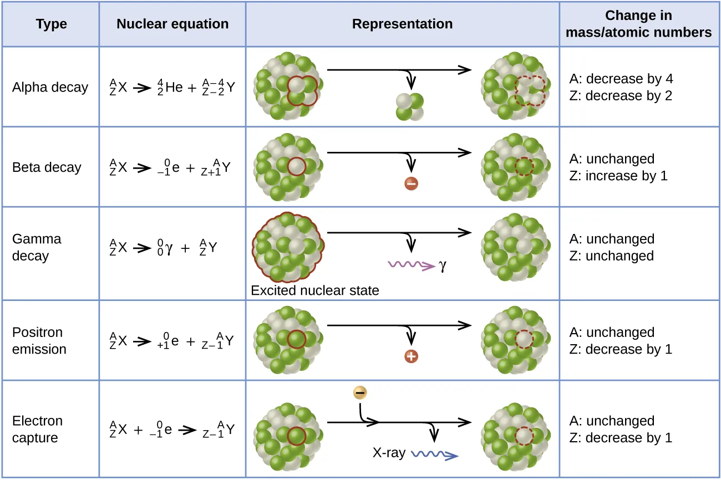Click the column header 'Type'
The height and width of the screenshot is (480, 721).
(x=51, y=24)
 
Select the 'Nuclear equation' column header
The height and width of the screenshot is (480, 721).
(x=172, y=24)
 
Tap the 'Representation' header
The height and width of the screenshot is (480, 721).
(x=402, y=24)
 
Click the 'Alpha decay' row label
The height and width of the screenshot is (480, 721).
(x=50, y=88)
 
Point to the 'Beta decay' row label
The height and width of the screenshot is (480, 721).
(x=47, y=167)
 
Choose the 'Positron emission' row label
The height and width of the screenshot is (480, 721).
(x=39, y=341)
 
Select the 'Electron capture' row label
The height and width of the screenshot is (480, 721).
(x=37, y=430)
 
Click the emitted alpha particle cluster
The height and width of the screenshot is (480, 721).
(x=409, y=106)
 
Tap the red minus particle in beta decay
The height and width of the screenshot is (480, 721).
(x=411, y=183)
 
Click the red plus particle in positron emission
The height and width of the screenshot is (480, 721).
(x=411, y=356)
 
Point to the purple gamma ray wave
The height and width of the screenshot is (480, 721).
(x=410, y=266)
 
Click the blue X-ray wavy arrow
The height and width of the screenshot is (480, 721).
(x=433, y=455)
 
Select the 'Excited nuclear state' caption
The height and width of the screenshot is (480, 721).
(x=314, y=290)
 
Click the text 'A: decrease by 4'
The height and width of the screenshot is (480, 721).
(x=621, y=79)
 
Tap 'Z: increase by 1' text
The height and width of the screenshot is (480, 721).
(x=618, y=176)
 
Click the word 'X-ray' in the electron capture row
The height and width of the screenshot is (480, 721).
(x=389, y=452)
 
